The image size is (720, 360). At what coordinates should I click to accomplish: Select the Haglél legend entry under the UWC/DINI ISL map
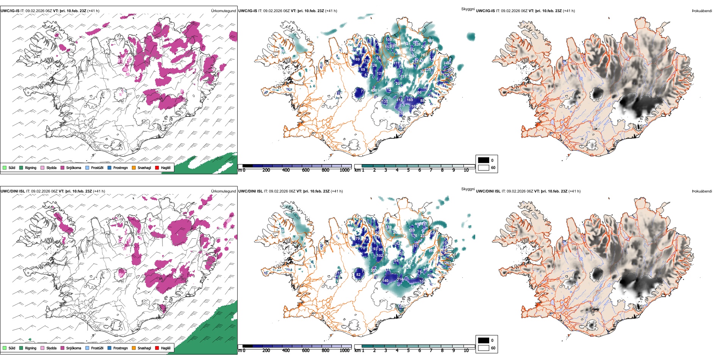click(x=166, y=348)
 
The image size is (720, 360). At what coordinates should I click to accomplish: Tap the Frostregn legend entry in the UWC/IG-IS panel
click(x=120, y=167)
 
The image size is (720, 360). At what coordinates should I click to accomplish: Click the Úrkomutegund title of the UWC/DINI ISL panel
click(x=223, y=191)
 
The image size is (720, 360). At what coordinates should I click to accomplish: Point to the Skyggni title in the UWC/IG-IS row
click(x=468, y=9)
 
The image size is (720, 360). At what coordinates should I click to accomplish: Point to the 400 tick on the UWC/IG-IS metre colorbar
click(x=286, y=170)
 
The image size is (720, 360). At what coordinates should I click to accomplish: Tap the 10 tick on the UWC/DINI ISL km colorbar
click(x=466, y=351)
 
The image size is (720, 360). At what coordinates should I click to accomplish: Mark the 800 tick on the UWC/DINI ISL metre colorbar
click(x=326, y=351)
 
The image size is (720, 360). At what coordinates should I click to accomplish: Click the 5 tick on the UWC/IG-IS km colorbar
click(x=408, y=170)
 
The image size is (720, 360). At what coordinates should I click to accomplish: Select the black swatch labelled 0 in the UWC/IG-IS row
click(x=484, y=160)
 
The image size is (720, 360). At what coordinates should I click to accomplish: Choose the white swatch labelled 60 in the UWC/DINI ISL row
click(x=484, y=348)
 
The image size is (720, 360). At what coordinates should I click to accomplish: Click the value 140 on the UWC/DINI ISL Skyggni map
click(x=385, y=281)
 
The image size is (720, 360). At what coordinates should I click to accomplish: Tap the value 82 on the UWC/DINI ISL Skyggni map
click(x=358, y=275)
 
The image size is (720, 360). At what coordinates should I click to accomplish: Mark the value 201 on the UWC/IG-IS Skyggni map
click(x=399, y=84)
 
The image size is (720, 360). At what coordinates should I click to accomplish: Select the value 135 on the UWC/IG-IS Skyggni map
click(x=385, y=102)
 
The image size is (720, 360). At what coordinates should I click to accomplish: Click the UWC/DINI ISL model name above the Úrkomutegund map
click(x=13, y=191)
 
